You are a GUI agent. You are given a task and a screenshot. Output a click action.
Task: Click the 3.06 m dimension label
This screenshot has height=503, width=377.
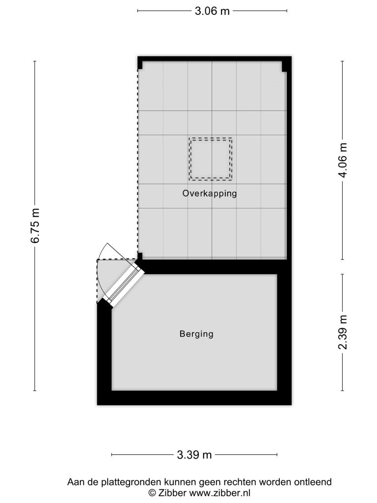(x=212, y=11)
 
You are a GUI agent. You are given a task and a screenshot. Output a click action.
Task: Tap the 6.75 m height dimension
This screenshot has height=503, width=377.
(x=35, y=226)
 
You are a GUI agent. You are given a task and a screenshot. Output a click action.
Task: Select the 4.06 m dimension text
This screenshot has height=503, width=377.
(x=343, y=160)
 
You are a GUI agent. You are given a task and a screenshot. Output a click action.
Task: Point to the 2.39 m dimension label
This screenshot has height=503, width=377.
(x=343, y=333)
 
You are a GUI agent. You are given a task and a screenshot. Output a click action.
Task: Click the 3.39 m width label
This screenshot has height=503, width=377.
(x=194, y=455)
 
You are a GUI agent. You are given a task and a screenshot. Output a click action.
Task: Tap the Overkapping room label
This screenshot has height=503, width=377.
(x=210, y=194)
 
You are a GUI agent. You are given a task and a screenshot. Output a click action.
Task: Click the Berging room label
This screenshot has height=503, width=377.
(x=196, y=334)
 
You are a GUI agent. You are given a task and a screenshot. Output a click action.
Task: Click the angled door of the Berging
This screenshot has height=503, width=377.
(x=124, y=285)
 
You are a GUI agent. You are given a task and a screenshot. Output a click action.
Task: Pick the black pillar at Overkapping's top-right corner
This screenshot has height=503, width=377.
(x=284, y=66)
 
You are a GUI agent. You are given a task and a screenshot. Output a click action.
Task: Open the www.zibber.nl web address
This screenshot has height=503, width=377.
(x=220, y=492)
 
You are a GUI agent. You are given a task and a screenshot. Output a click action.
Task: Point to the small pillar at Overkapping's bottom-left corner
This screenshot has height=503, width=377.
(x=140, y=256)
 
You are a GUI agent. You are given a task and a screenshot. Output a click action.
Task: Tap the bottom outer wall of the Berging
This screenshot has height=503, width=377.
(x=194, y=398)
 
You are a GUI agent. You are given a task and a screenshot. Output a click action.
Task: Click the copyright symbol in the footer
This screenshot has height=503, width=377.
(x=152, y=492)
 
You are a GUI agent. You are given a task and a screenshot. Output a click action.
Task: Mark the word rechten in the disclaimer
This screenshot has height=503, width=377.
(x=240, y=482)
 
